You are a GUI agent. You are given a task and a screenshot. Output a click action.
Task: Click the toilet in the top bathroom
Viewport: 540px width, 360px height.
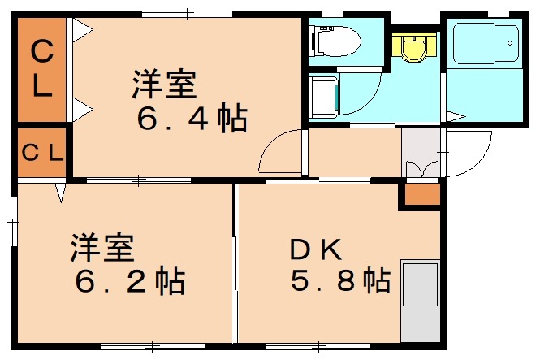(x=334, y=38)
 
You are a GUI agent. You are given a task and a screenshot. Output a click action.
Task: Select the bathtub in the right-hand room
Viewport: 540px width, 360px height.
(x=484, y=46)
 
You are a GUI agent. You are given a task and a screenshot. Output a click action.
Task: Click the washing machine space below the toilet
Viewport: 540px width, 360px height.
(x=324, y=97)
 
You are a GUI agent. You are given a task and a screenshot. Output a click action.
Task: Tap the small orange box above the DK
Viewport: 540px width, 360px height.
(x=421, y=194)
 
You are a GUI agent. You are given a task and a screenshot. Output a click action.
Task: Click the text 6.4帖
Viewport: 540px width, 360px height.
(x=192, y=120)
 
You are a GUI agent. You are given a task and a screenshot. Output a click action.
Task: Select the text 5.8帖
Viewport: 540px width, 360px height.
(x=340, y=281)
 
